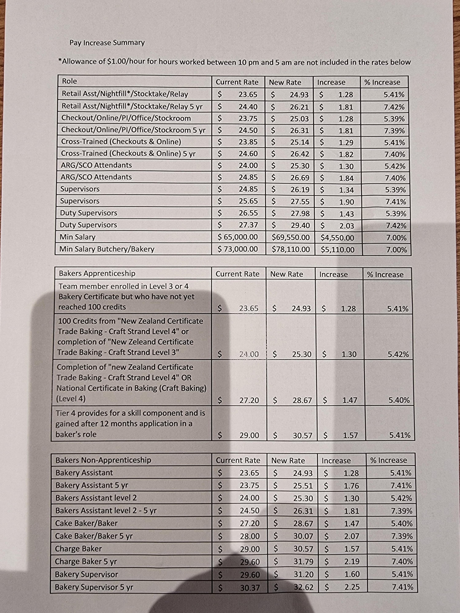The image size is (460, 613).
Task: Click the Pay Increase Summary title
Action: (107, 43)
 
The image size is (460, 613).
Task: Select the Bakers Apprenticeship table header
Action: (97, 274)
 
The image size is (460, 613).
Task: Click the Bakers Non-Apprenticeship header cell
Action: (103, 460)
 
